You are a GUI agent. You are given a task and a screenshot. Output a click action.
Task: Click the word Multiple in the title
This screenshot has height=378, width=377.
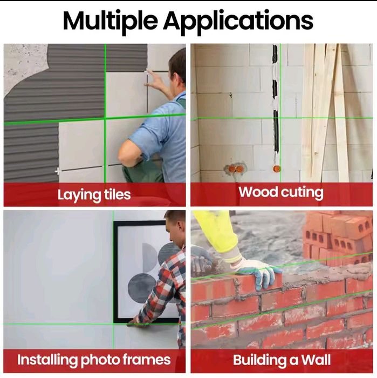tap(110, 21)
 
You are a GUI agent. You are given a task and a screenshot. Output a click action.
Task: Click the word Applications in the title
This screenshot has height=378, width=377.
tap(238, 21)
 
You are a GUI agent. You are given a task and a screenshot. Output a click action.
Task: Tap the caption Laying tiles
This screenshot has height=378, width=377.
tap(94, 195)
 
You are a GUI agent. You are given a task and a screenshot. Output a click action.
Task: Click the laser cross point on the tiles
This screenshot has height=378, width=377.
tap(105, 118)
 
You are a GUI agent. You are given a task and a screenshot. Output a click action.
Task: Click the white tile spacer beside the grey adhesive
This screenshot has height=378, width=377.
tap(58, 171)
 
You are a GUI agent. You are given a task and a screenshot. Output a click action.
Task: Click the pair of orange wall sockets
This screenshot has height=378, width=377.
tap(236, 168)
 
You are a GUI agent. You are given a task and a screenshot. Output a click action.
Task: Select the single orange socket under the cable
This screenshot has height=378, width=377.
tap(277, 168)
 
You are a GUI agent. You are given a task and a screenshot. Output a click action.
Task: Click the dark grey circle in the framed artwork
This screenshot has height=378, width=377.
tap(141, 288)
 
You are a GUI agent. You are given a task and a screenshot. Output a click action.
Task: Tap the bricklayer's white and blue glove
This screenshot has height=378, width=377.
tap(256, 271)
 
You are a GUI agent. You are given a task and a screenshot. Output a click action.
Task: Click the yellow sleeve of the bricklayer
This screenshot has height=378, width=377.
tap(216, 231)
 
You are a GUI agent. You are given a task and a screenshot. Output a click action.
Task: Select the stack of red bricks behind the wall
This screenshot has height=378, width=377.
tap(338, 238)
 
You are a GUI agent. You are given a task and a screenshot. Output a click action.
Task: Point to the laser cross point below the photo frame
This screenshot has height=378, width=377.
tap(113, 324)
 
